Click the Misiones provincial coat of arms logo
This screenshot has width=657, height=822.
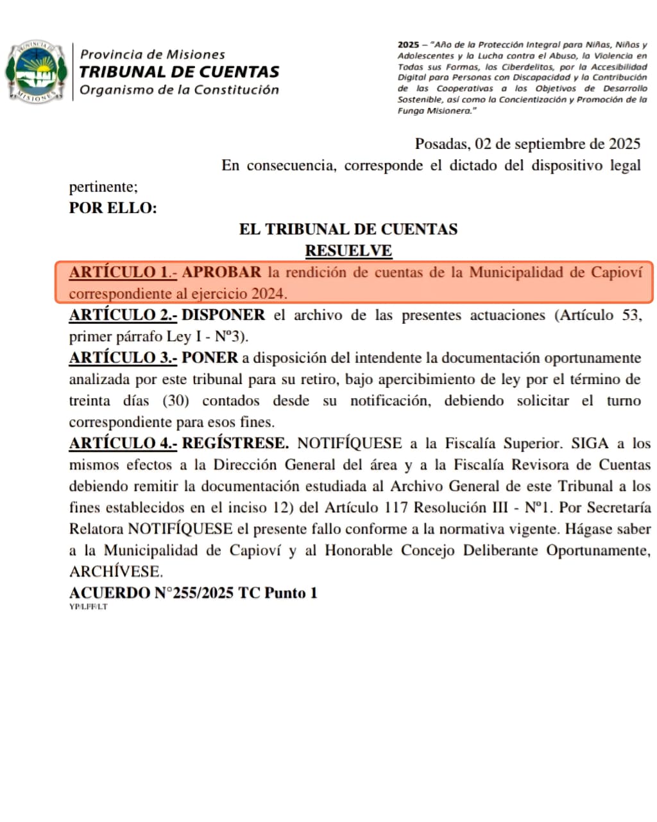point(37,71)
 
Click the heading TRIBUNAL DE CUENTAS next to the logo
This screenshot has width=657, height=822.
point(180,72)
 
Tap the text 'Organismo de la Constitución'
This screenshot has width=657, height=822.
point(180,90)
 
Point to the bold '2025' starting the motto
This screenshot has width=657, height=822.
point(408,45)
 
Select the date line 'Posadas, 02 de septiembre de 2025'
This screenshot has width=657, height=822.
point(527,144)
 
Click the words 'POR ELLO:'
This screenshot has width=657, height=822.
point(113,208)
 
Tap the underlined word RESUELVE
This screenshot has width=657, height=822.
point(348,250)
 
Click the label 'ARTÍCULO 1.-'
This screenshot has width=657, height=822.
point(123,272)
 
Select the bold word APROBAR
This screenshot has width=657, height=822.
point(222,272)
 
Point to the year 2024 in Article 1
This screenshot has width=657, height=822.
point(268,294)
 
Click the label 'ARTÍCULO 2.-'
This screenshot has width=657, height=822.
point(123,315)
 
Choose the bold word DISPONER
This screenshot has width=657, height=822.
point(223,315)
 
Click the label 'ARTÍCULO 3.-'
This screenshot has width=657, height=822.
point(123,358)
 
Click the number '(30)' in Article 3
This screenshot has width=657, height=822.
point(176,401)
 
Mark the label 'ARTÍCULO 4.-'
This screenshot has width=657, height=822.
point(123,444)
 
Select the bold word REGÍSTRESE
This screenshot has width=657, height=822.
point(235,444)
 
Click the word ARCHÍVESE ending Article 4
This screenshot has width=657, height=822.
point(116,572)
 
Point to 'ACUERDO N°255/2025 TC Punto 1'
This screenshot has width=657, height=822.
point(193,593)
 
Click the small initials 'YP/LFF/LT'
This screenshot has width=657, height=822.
point(89,607)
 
